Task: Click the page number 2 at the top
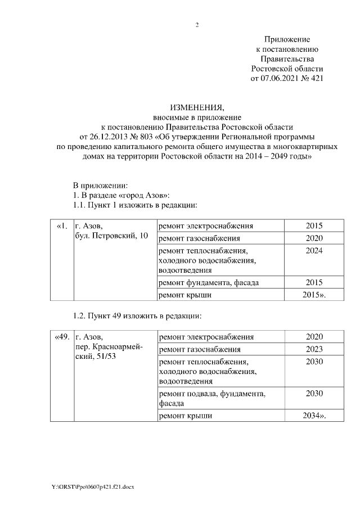click(197, 25)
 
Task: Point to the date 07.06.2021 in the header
click(280, 79)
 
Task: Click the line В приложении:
click(101, 185)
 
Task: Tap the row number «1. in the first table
click(62, 226)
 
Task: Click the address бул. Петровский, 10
click(111, 236)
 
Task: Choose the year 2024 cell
click(314, 250)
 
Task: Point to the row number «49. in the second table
click(62, 337)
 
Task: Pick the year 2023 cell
click(314, 349)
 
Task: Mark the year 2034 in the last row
click(312, 416)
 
